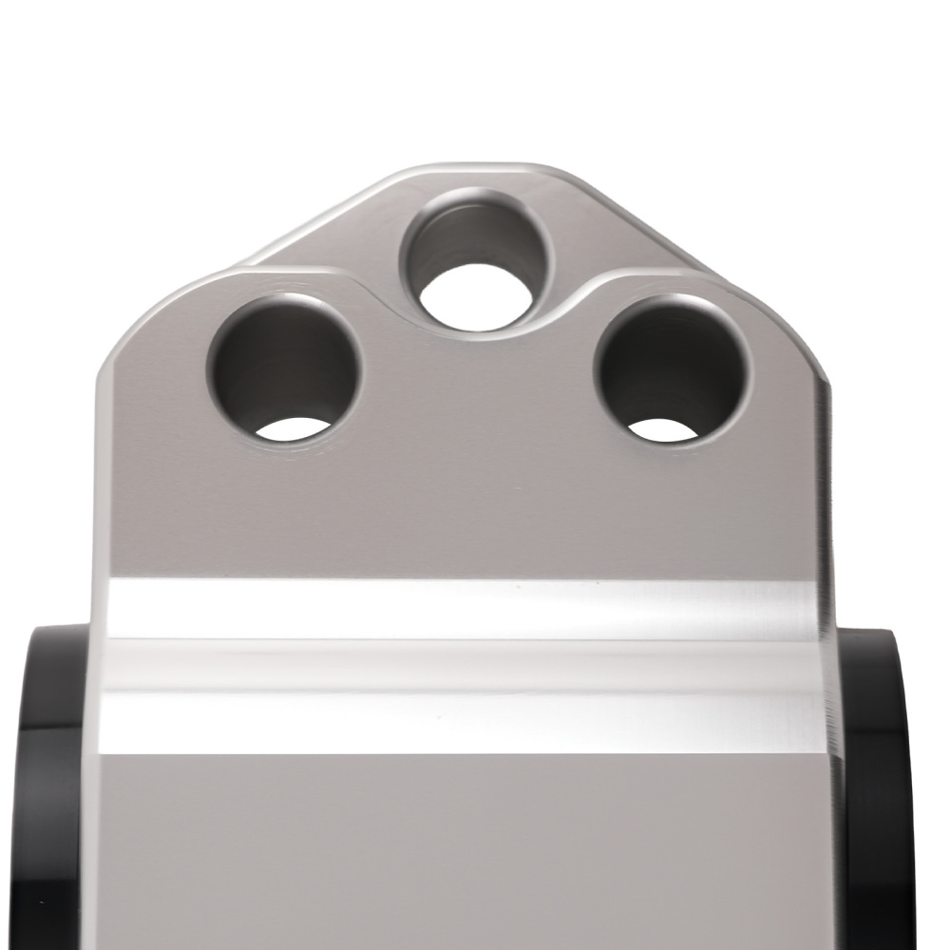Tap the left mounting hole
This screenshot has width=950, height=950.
point(284,371)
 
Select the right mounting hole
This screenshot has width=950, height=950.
point(673,370)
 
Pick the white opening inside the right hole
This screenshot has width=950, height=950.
point(662,429)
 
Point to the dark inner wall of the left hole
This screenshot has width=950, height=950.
point(275,356)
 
